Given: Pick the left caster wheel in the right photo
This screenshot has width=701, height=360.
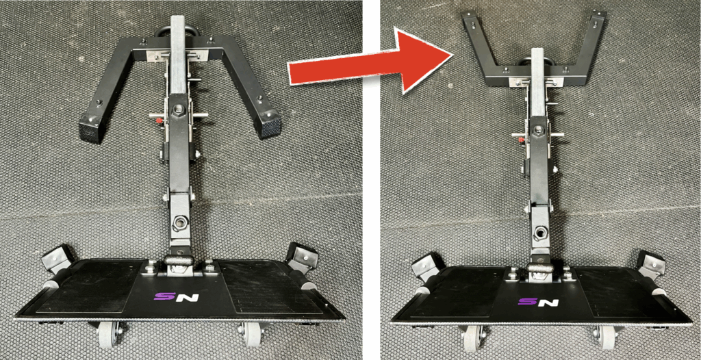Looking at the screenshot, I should coord(472,339).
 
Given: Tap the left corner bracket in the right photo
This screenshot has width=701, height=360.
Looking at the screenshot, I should coord(426,266).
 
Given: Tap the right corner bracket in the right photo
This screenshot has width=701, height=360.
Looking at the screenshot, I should coord(651,265).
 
